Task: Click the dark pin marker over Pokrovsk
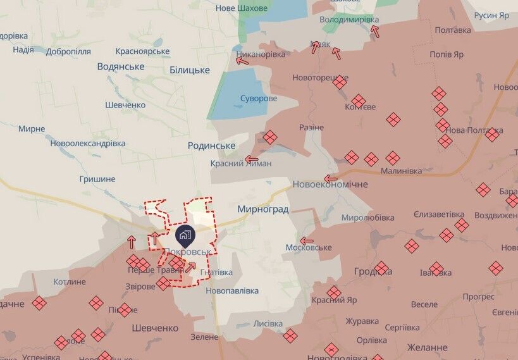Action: click(185, 235)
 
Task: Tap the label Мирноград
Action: click(262, 209)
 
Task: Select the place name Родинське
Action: click(211, 146)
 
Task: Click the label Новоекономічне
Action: click(330, 184)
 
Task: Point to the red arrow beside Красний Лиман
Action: click(252, 159)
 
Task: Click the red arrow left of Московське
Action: click(307, 241)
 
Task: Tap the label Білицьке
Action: click(189, 70)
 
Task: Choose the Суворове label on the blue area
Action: click(259, 99)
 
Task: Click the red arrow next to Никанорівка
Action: click(242, 61)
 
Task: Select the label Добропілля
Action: click(68, 51)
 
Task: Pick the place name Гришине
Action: click(97, 179)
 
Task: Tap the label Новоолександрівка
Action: click(87, 144)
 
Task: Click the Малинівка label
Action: click(401, 171)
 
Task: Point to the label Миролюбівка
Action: click(368, 218)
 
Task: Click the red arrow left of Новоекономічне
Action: click(330, 179)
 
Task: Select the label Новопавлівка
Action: click(232, 291)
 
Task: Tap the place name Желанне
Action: click(427, 347)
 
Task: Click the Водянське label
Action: click(121, 66)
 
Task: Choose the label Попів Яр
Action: click(447, 54)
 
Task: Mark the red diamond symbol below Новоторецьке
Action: click(340, 82)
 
